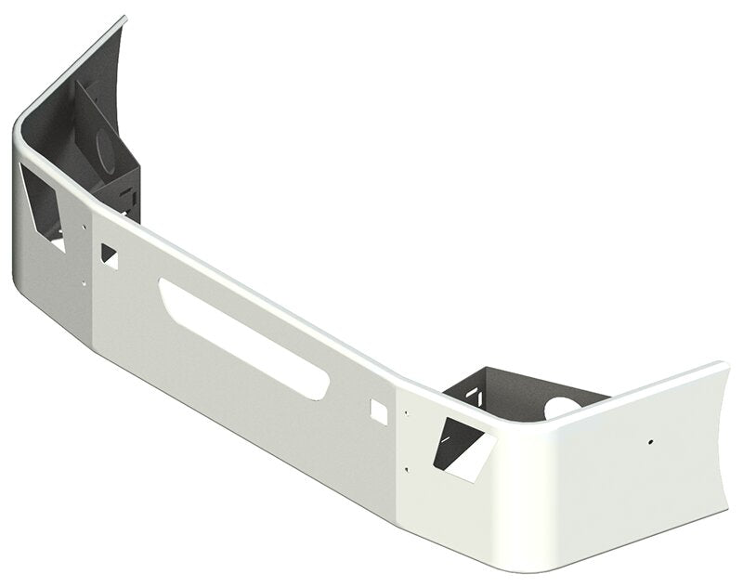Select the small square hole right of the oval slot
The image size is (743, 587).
pyautogui.click(x=378, y=411)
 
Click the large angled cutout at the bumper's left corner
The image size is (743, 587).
pyautogui.click(x=42, y=206)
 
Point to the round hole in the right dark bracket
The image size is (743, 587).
pyautogui.click(x=562, y=406)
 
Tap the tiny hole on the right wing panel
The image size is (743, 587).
pyautogui.click(x=651, y=441)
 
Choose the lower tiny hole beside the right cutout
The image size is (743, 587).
pyautogui.click(x=406, y=469)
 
